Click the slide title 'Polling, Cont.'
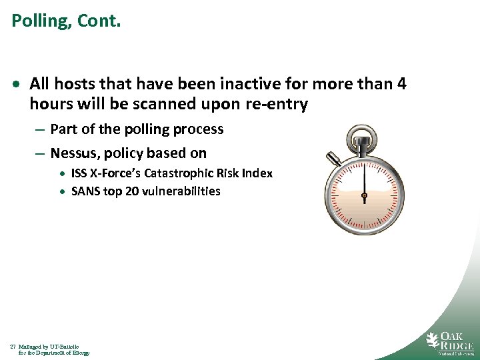[x=66, y=21]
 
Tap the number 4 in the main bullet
[x=401, y=85]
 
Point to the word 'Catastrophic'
[x=188, y=173]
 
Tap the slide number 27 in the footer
[x=13, y=347]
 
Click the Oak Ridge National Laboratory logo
[x=450, y=342]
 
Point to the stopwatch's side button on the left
[x=333, y=159]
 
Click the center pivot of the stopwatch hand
[x=364, y=196]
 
